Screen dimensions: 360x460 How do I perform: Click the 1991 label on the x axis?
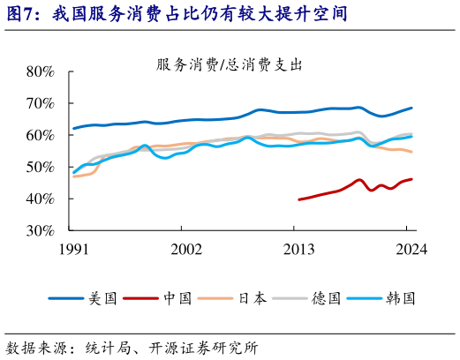(x=73, y=250)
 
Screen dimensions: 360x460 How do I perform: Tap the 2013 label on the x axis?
(x=299, y=250)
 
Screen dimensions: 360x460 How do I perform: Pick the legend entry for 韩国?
(x=403, y=298)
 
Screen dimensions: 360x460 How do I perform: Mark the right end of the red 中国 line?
(x=411, y=179)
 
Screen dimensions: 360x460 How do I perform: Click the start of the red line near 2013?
(x=299, y=199)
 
